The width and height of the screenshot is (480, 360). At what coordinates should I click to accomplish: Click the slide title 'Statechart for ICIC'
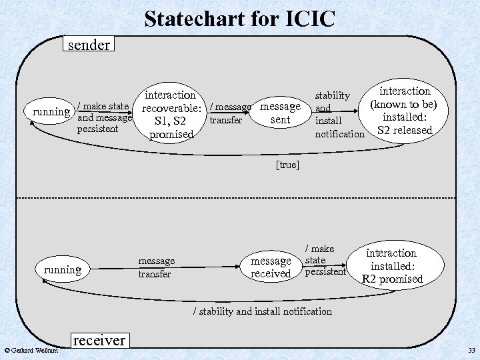tap(239, 18)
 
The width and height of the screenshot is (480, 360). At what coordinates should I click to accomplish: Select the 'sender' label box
tap(88, 45)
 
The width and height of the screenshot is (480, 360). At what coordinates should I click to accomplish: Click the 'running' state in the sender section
tap(51, 111)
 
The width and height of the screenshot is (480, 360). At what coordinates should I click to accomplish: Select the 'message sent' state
tap(280, 113)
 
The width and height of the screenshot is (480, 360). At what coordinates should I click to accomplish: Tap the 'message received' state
tap(271, 267)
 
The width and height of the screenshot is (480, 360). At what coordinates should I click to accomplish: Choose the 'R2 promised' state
tap(391, 266)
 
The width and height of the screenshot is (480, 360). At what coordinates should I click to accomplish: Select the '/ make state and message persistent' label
tap(103, 117)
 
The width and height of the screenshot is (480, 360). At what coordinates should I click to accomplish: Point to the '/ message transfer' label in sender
tap(230, 113)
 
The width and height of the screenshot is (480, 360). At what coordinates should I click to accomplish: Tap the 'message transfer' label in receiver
tap(156, 267)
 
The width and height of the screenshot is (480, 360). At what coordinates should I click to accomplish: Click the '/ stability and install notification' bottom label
tap(262, 311)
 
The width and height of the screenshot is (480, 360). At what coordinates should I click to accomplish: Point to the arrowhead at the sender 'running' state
tap(45, 122)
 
